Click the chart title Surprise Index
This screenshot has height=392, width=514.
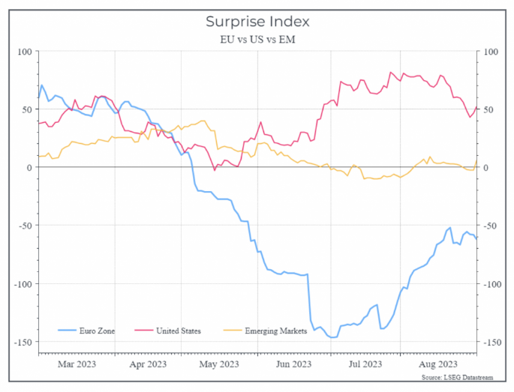(x=257, y=22)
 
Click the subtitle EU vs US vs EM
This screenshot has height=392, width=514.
(x=257, y=38)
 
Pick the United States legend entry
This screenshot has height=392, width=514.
(x=178, y=331)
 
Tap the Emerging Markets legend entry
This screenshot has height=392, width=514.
(x=276, y=331)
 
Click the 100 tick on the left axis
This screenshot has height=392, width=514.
(x=26, y=52)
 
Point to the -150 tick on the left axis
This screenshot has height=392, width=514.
(x=23, y=342)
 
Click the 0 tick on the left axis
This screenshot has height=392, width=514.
(x=30, y=168)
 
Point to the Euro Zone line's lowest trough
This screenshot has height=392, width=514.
(x=332, y=338)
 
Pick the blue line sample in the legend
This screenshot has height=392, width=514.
(x=66, y=331)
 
